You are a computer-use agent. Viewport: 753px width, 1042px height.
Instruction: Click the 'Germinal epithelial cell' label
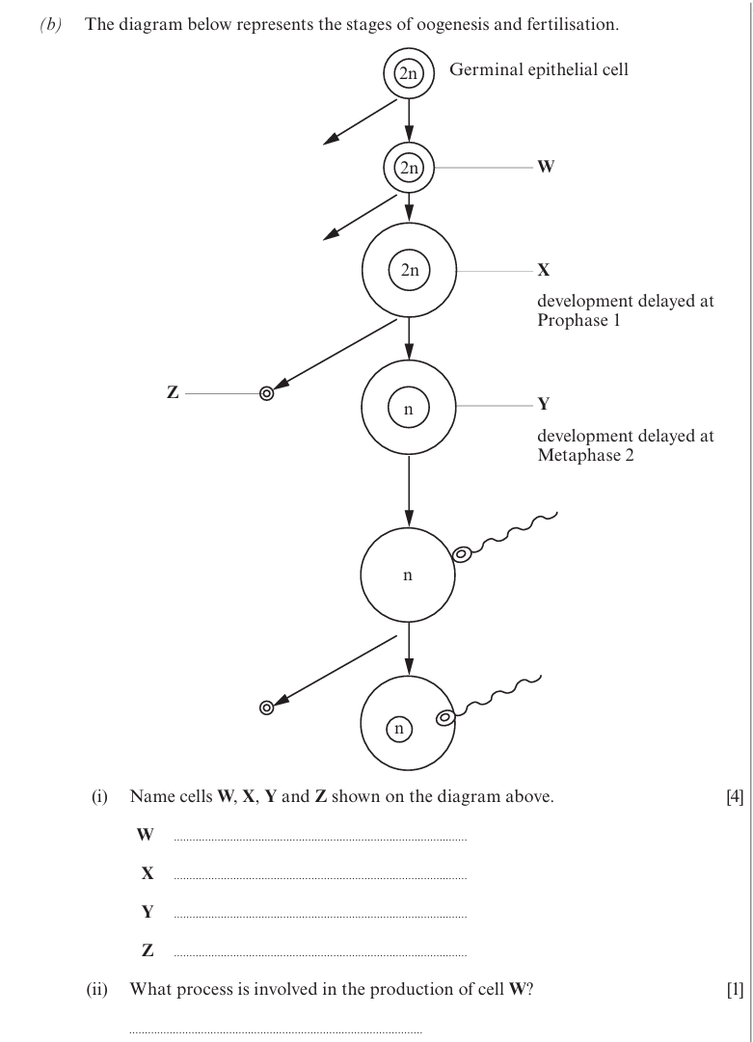pos(538,69)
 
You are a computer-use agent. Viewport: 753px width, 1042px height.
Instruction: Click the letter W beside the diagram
pos(545,167)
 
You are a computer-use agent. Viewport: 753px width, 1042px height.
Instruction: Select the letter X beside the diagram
pos(544,270)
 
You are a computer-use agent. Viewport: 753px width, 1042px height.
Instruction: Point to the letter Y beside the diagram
pos(544,403)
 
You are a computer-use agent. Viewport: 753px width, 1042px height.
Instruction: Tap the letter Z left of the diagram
pos(173,392)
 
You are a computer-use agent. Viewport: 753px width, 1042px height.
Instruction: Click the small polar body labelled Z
pos(266,393)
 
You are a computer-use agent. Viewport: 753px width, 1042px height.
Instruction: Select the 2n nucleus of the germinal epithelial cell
pos(409,74)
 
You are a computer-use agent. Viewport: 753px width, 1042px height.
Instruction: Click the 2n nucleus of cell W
pos(409,168)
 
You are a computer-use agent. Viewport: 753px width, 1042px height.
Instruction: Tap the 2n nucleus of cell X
pos(410,271)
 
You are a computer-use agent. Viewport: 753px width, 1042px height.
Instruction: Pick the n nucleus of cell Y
pos(409,408)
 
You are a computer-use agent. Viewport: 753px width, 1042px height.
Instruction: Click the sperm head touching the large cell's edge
pos(462,553)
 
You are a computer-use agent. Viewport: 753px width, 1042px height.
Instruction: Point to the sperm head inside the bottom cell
pos(444,718)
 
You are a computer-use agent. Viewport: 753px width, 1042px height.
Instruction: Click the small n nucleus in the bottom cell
pos(399,729)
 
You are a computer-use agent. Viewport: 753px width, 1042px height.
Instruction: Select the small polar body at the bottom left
pos(266,708)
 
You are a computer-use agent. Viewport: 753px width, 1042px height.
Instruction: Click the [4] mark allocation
pos(735,797)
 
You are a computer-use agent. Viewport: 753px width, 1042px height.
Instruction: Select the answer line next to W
pos(320,841)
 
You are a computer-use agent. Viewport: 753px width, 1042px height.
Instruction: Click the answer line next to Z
pos(320,956)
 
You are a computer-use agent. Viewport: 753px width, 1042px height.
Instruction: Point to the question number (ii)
pos(97,990)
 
